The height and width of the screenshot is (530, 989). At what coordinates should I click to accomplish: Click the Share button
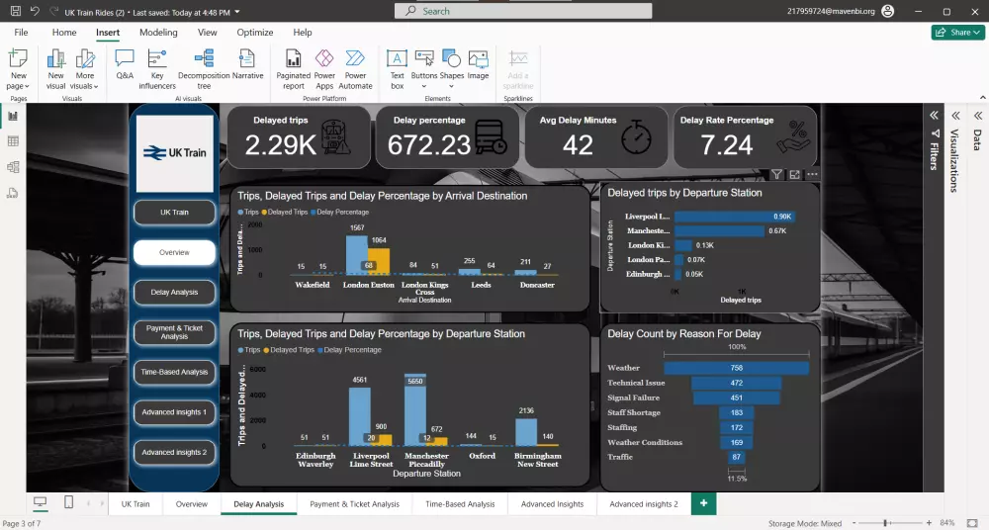[x=957, y=33]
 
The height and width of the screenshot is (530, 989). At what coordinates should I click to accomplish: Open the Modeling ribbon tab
[x=158, y=33]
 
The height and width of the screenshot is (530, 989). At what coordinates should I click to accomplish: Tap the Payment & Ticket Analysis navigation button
[x=174, y=332]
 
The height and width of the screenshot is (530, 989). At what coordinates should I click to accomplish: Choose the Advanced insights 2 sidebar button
[x=174, y=452]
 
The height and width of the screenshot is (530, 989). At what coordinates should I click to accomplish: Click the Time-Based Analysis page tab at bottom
[x=460, y=504]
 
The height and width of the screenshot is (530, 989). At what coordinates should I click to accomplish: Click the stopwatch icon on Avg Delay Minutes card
[x=637, y=138]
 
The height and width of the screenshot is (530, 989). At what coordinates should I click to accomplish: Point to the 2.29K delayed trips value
[x=280, y=145]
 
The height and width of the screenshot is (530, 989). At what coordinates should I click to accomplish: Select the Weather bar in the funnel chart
[x=737, y=368]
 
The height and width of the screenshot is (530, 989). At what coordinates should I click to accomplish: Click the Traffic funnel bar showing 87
[x=737, y=457]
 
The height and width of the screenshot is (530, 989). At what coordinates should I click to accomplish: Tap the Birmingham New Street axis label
[x=537, y=460]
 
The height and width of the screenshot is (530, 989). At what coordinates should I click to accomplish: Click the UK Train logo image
[x=174, y=153]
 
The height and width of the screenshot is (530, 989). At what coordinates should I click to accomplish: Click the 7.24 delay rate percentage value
[x=726, y=145]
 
